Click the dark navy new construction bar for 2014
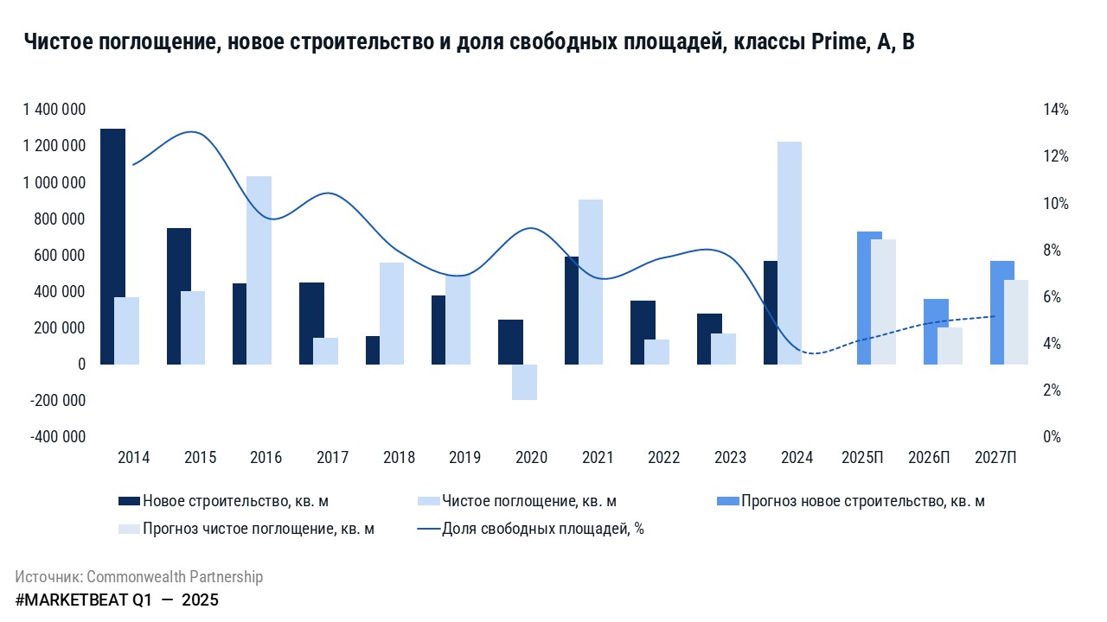(x=112, y=246)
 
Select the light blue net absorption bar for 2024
(x=789, y=252)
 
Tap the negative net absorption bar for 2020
(x=524, y=382)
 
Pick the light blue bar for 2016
(x=259, y=270)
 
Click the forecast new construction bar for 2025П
(x=869, y=298)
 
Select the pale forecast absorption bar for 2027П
(x=1016, y=321)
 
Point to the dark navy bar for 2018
(x=373, y=350)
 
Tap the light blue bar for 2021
(x=591, y=282)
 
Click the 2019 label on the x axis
(x=465, y=458)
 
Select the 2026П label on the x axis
(x=929, y=458)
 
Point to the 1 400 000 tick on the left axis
(x=54, y=110)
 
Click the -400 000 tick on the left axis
(x=58, y=437)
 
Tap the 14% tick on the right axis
(x=1057, y=110)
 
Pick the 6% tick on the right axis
(x=1057, y=297)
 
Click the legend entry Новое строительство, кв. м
(x=235, y=501)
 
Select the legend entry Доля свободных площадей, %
(x=542, y=529)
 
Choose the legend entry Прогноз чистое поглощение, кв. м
(x=259, y=529)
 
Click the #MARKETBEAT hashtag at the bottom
(x=71, y=600)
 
